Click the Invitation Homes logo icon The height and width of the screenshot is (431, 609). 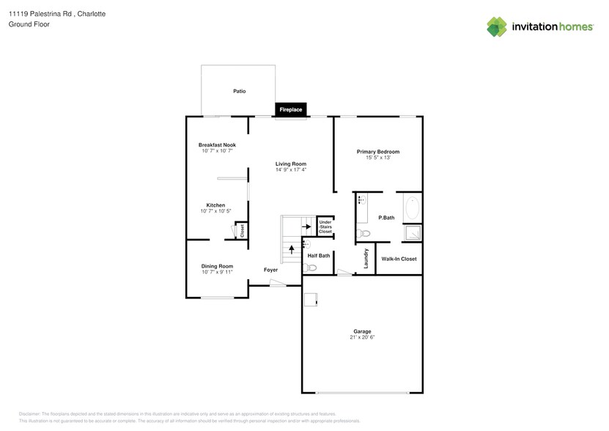point(497,27)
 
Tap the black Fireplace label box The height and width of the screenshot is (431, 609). point(291,110)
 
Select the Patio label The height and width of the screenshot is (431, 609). point(240,92)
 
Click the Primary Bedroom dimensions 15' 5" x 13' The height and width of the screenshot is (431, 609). point(377,158)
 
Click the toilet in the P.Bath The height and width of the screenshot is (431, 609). point(364,234)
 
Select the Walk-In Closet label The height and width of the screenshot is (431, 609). point(399,259)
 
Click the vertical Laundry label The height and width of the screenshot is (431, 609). point(365,259)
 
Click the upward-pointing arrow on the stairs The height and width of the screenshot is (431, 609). point(292,249)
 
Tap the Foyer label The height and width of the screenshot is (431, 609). point(270,270)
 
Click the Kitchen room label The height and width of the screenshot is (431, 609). point(215,205)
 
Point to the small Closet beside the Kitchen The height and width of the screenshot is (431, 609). point(242,231)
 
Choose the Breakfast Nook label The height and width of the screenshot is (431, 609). point(217,145)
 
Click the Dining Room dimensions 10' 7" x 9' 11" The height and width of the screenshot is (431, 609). point(217,272)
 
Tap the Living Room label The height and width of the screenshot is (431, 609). point(291,163)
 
